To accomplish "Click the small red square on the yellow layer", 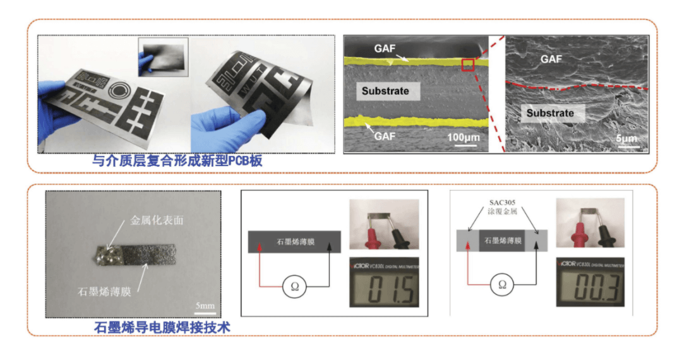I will click(468, 64).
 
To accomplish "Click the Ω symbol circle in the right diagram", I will click(502, 284).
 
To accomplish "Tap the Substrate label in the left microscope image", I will click(385, 91).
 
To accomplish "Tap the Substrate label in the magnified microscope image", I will click(550, 113).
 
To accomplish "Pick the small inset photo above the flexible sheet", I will click(163, 57).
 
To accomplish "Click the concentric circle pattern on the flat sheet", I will click(117, 90).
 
